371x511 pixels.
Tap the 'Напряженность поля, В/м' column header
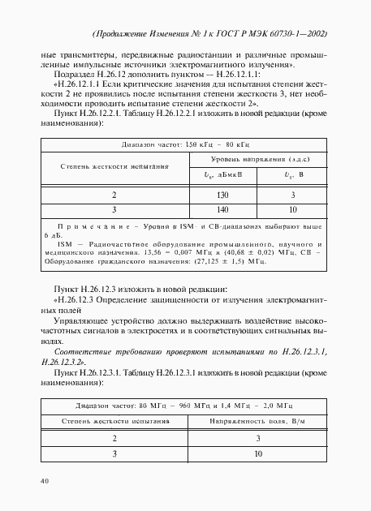coord(258,422)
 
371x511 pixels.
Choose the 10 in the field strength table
coord(258,454)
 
